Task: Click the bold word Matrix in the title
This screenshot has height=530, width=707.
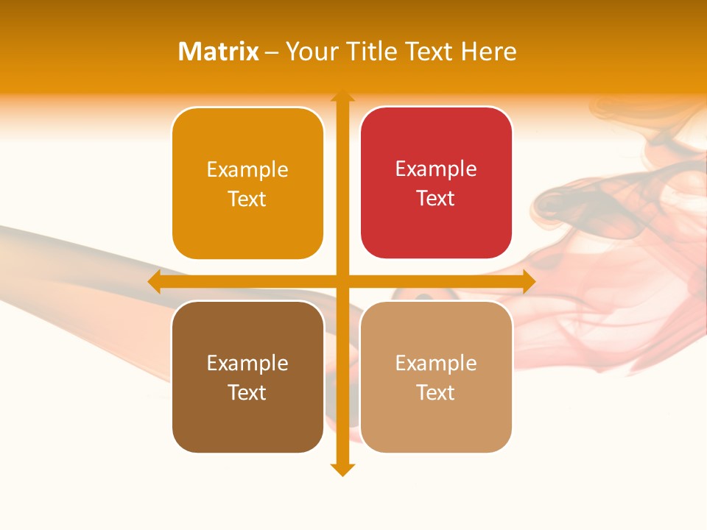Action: [x=219, y=52]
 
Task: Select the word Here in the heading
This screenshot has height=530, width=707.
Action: [x=488, y=52]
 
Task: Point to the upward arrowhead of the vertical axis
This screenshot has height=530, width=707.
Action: [x=342, y=96]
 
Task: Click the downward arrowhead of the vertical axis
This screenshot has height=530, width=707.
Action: [x=342, y=470]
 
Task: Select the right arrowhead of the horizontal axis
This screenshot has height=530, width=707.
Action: [x=529, y=281]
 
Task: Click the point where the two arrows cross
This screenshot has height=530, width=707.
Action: [x=342, y=281]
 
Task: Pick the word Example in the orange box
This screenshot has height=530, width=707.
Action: [x=247, y=170]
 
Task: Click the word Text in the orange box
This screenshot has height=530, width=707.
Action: [x=247, y=199]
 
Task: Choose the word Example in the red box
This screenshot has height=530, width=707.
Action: [x=436, y=169]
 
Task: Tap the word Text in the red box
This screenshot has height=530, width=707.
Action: [x=436, y=199]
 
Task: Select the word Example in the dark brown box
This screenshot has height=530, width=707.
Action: [x=247, y=364]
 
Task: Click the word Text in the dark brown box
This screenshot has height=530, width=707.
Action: [x=247, y=393]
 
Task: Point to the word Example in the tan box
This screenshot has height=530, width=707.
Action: [x=436, y=364]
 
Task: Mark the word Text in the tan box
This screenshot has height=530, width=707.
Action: [x=436, y=393]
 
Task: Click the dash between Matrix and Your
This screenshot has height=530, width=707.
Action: [x=272, y=52]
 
